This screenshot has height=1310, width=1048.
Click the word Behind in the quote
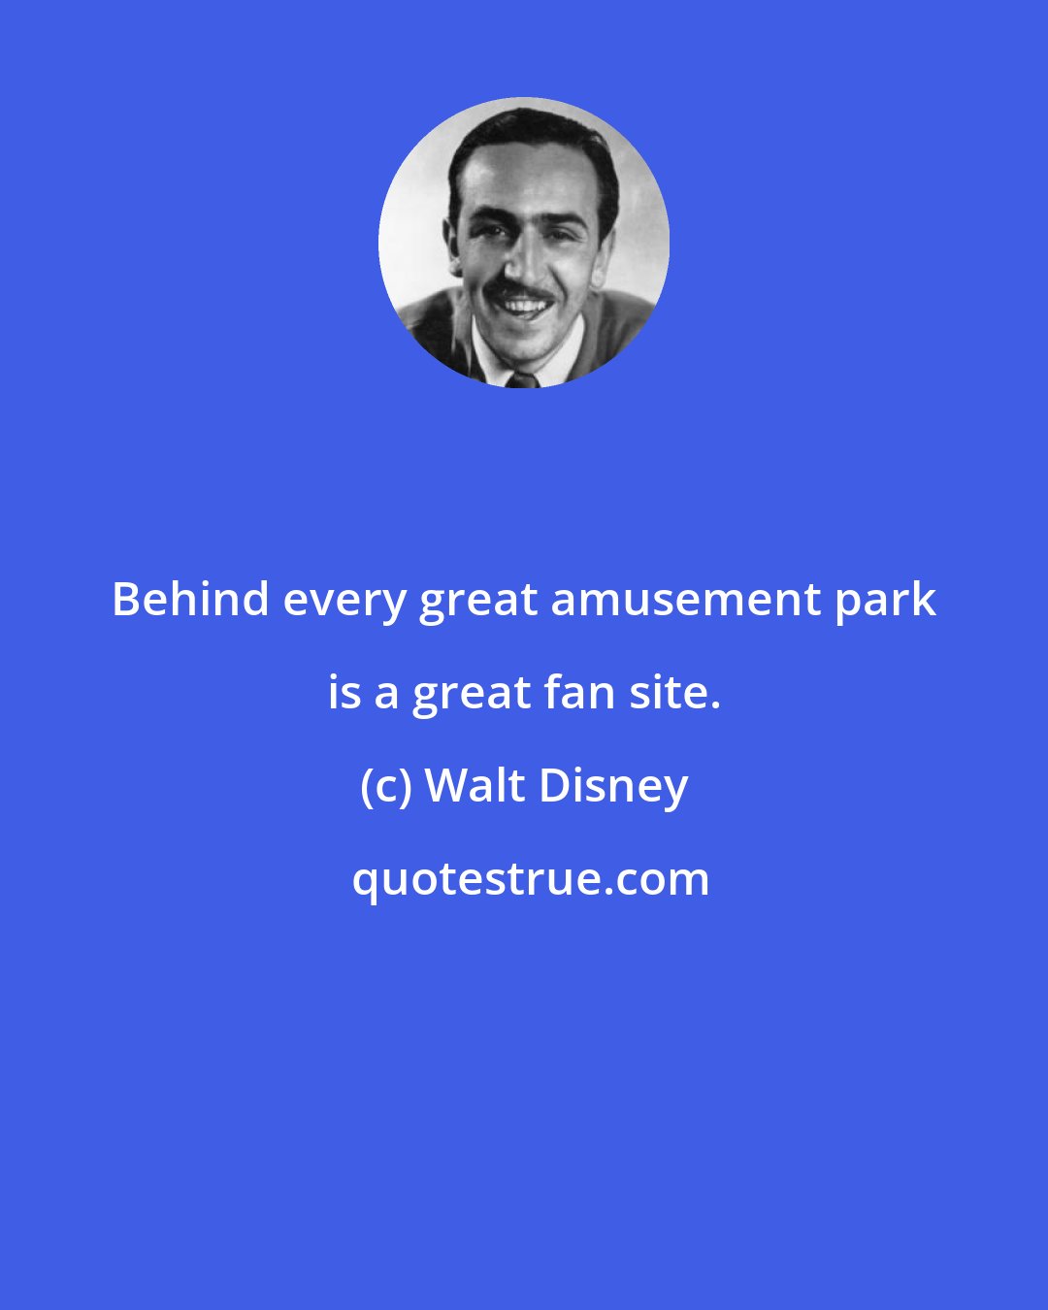tap(190, 601)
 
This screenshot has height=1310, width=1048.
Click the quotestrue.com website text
tap(531, 881)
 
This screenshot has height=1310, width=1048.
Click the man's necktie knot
tap(522, 379)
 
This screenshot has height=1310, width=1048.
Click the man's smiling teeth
tap(522, 305)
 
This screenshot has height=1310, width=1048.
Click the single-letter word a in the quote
tap(386, 699)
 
